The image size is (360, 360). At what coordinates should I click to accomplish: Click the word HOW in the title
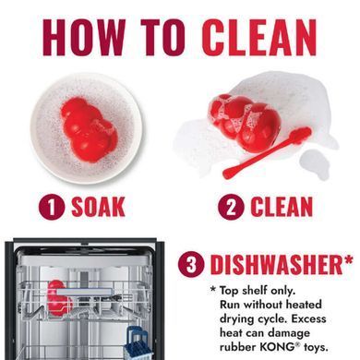tap(84, 38)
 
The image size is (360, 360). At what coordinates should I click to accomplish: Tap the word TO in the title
tap(163, 38)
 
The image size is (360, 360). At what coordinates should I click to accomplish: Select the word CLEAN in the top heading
tap(259, 38)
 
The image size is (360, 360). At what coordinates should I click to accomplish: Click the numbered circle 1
tap(52, 207)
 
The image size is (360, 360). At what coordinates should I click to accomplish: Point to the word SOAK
tap(98, 207)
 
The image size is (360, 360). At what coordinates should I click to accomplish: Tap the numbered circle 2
tap(231, 207)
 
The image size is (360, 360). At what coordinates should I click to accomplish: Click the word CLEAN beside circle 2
tap(282, 207)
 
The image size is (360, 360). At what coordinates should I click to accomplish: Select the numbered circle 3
tap(191, 265)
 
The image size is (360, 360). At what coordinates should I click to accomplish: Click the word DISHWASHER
tap(276, 265)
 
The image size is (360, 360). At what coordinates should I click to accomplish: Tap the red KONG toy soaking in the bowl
tap(89, 129)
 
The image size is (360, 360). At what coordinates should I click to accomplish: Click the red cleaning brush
tap(267, 153)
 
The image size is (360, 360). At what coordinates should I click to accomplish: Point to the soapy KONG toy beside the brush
tap(246, 123)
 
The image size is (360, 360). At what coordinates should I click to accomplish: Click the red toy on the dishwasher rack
tap(58, 298)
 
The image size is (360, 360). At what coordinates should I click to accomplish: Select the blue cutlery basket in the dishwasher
tap(139, 343)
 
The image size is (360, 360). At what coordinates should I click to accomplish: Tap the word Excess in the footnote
tap(308, 318)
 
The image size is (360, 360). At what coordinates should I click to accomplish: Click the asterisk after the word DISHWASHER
tap(348, 259)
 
